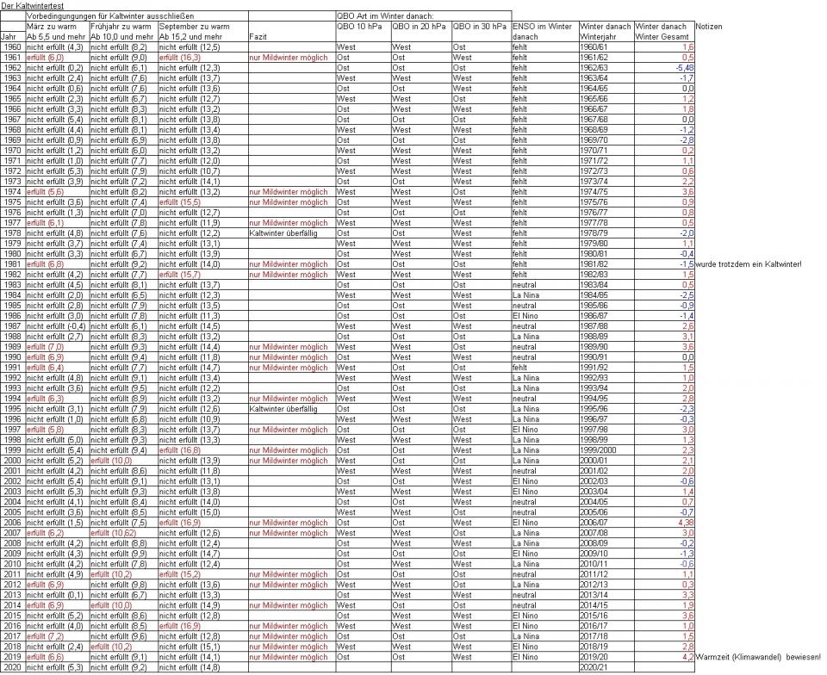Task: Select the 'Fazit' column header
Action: (x=258, y=37)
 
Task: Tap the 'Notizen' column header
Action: (x=709, y=27)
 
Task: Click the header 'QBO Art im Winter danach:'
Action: (x=384, y=16)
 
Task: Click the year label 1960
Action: (x=13, y=46)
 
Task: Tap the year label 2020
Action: (x=13, y=667)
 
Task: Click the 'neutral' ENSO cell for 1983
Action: (x=525, y=285)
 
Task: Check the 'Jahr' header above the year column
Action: (x=9, y=37)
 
